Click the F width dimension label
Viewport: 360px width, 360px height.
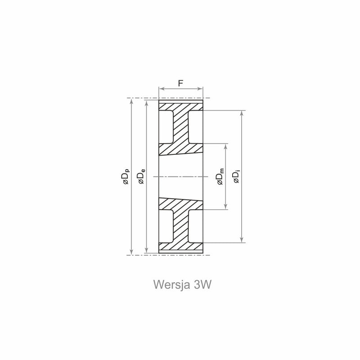click(181, 83)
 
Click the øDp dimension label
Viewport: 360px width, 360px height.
click(126, 177)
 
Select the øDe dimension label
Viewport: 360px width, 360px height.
click(141, 176)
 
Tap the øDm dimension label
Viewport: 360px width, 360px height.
click(220, 176)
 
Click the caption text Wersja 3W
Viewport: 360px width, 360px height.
click(182, 285)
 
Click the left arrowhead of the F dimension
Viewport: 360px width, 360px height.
click(162, 89)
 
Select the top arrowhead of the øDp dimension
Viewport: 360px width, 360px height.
click(131, 102)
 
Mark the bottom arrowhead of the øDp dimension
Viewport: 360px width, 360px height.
click(131, 252)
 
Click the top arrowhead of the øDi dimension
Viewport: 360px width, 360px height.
click(242, 113)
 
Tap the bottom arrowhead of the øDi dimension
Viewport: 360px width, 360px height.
click(242, 240)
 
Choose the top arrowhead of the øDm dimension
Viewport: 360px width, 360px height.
click(226, 147)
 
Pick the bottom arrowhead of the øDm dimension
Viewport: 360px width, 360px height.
click(226, 207)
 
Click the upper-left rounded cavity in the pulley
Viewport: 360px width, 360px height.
click(166, 127)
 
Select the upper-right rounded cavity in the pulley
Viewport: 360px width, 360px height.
click(196, 127)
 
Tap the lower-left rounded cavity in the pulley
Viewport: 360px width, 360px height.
click(166, 226)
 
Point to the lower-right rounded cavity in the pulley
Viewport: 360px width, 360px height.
click(196, 226)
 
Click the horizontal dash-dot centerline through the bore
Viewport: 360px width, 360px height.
click(181, 176)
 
